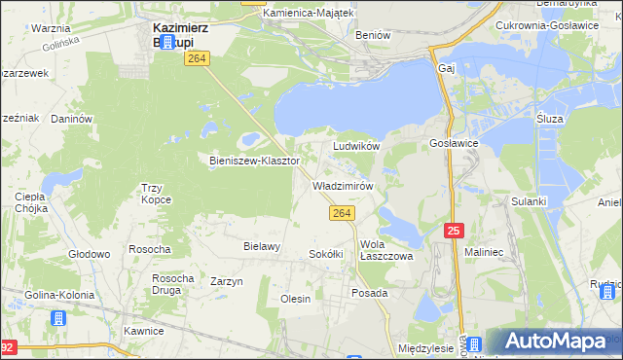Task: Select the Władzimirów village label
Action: point(343,185)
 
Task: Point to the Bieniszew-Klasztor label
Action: point(254,160)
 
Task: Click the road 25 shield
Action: point(455,230)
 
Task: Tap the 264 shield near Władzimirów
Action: point(340,213)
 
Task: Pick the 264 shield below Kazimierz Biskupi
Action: point(199,60)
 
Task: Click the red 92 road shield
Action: point(7,346)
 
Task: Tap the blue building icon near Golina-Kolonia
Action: point(58,318)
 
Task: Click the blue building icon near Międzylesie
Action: point(475,344)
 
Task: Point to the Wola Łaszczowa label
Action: point(386,250)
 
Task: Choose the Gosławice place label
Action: point(453,142)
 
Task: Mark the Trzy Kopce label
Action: point(157,193)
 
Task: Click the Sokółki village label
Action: point(326,254)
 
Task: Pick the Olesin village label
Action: point(295,299)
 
